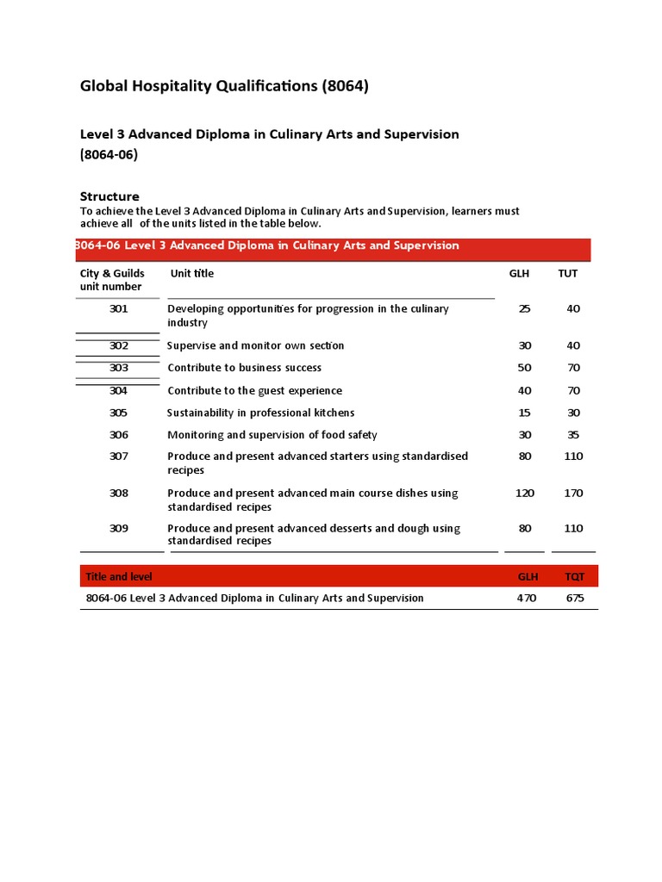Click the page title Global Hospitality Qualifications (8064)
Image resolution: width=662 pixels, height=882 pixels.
(x=224, y=86)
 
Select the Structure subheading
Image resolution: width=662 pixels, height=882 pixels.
(x=109, y=196)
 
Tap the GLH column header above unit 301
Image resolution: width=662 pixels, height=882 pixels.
(x=519, y=274)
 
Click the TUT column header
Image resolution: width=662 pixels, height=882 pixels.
(x=568, y=274)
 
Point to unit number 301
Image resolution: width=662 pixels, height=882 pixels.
(x=119, y=309)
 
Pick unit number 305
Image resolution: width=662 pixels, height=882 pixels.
(x=119, y=413)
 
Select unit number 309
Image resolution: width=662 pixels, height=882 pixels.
(x=119, y=528)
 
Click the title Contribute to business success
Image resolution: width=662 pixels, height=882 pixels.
(x=244, y=368)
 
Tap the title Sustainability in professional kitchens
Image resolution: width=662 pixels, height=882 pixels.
(x=260, y=413)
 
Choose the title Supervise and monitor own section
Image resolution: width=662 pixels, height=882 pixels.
(x=255, y=345)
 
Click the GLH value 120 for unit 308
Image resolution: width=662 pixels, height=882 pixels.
(x=524, y=494)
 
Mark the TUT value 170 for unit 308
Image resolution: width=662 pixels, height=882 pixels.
(x=573, y=494)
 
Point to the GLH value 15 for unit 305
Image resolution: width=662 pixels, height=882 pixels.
(x=525, y=413)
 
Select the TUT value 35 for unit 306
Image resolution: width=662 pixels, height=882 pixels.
(x=574, y=435)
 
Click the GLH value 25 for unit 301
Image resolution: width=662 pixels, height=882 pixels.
(x=525, y=309)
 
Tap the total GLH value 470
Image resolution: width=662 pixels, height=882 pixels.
(x=526, y=598)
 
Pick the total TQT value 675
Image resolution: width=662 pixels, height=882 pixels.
(x=575, y=598)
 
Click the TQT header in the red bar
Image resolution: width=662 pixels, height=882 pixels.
(x=574, y=576)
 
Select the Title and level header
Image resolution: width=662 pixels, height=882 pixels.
(x=119, y=576)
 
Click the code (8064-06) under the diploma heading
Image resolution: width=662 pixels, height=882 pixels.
(x=109, y=155)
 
